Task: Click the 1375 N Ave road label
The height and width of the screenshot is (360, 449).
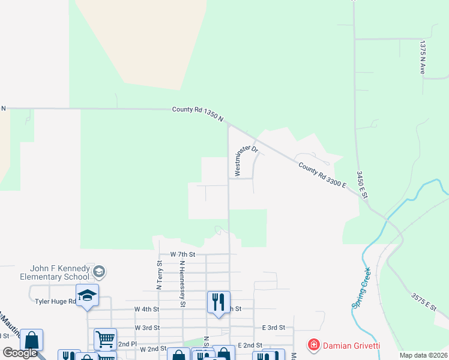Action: (423, 58)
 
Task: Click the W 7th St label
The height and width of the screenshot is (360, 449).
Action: (183, 254)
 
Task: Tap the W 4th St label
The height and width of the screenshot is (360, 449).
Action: (146, 309)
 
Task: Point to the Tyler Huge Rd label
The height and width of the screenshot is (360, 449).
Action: (55, 301)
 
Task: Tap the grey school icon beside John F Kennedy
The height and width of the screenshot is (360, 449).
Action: (99, 272)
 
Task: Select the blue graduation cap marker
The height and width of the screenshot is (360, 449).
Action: (87, 295)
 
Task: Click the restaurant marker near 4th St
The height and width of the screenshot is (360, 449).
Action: (218, 301)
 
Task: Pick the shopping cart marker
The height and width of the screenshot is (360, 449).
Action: (105, 339)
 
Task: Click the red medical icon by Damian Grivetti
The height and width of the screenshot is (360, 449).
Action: (313, 344)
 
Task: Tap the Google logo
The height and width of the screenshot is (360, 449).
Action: (19, 353)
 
